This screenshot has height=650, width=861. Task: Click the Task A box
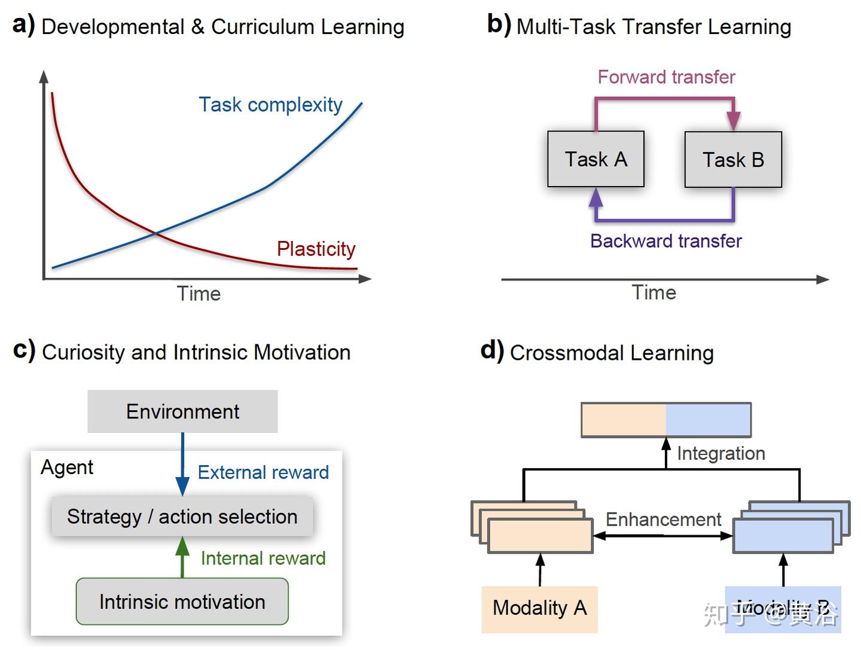(x=596, y=159)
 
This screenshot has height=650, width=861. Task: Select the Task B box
(x=733, y=160)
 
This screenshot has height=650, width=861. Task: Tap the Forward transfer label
(x=666, y=77)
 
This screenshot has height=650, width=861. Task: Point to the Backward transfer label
(x=665, y=241)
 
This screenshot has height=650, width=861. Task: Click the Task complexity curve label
(x=270, y=105)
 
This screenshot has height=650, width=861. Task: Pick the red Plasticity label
(x=316, y=249)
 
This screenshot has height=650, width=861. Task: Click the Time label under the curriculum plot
(x=199, y=294)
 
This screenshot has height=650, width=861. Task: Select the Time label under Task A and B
(x=654, y=292)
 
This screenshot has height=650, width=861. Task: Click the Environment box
(x=182, y=411)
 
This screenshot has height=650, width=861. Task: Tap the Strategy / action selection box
(x=182, y=516)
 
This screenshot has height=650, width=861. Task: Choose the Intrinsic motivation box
(x=182, y=602)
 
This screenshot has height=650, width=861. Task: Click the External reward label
(x=263, y=472)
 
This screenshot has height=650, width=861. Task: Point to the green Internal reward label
(x=263, y=558)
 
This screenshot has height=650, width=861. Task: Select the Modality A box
(x=539, y=608)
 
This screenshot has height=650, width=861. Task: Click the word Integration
(x=720, y=453)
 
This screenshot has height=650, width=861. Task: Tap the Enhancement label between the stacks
(x=663, y=519)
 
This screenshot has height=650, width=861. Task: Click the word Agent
(x=67, y=467)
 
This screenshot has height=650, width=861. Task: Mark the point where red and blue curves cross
(x=155, y=233)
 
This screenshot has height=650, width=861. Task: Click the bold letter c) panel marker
(x=24, y=350)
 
